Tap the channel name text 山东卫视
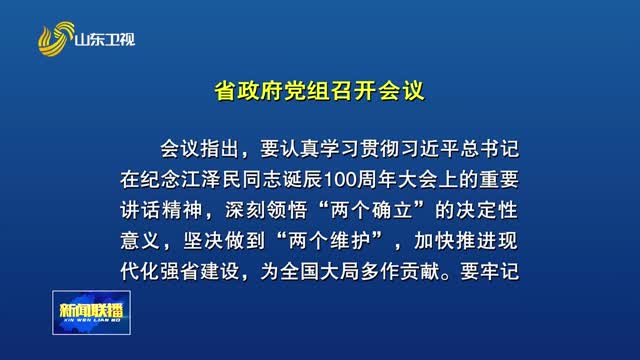point(104,40)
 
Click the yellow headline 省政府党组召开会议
point(320,91)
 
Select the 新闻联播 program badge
point(91,313)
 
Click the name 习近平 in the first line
point(429,149)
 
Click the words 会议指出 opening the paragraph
point(200,149)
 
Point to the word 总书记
point(489,149)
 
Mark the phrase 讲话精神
point(161,211)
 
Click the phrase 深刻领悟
point(266,211)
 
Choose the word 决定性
point(487,211)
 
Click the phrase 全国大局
point(320,272)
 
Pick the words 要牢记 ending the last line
point(489,272)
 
